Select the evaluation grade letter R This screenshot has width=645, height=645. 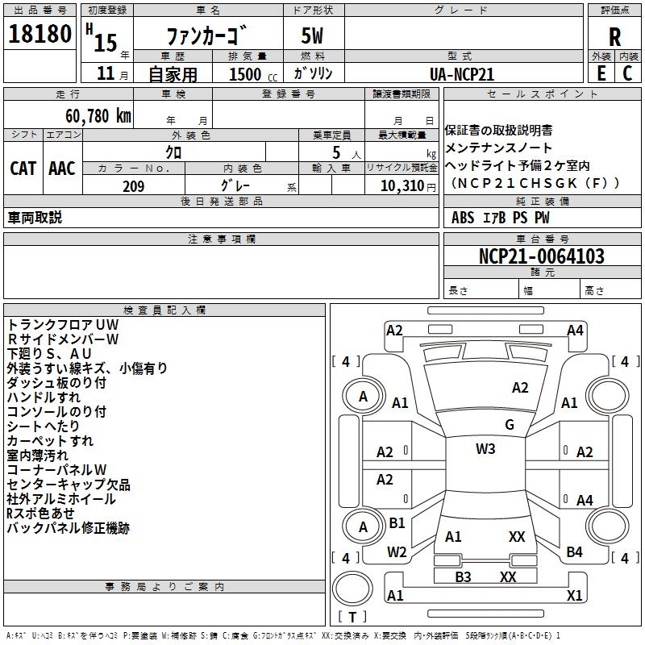coord(614,37)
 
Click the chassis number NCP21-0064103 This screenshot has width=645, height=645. coord(541,256)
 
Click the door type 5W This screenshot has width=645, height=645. coord(313,37)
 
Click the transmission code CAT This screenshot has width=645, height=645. coord(23,168)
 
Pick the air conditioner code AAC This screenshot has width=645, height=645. coord(61,168)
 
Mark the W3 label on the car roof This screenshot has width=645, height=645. coord(485,449)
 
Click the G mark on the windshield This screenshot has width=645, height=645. coord(510,425)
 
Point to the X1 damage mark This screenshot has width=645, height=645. coord(575,595)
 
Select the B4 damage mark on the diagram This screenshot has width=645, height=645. coord(574,551)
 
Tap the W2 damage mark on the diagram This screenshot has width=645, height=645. coord(397,551)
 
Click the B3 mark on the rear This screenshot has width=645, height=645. coord(463,576)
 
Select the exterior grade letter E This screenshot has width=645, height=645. coord(601,73)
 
